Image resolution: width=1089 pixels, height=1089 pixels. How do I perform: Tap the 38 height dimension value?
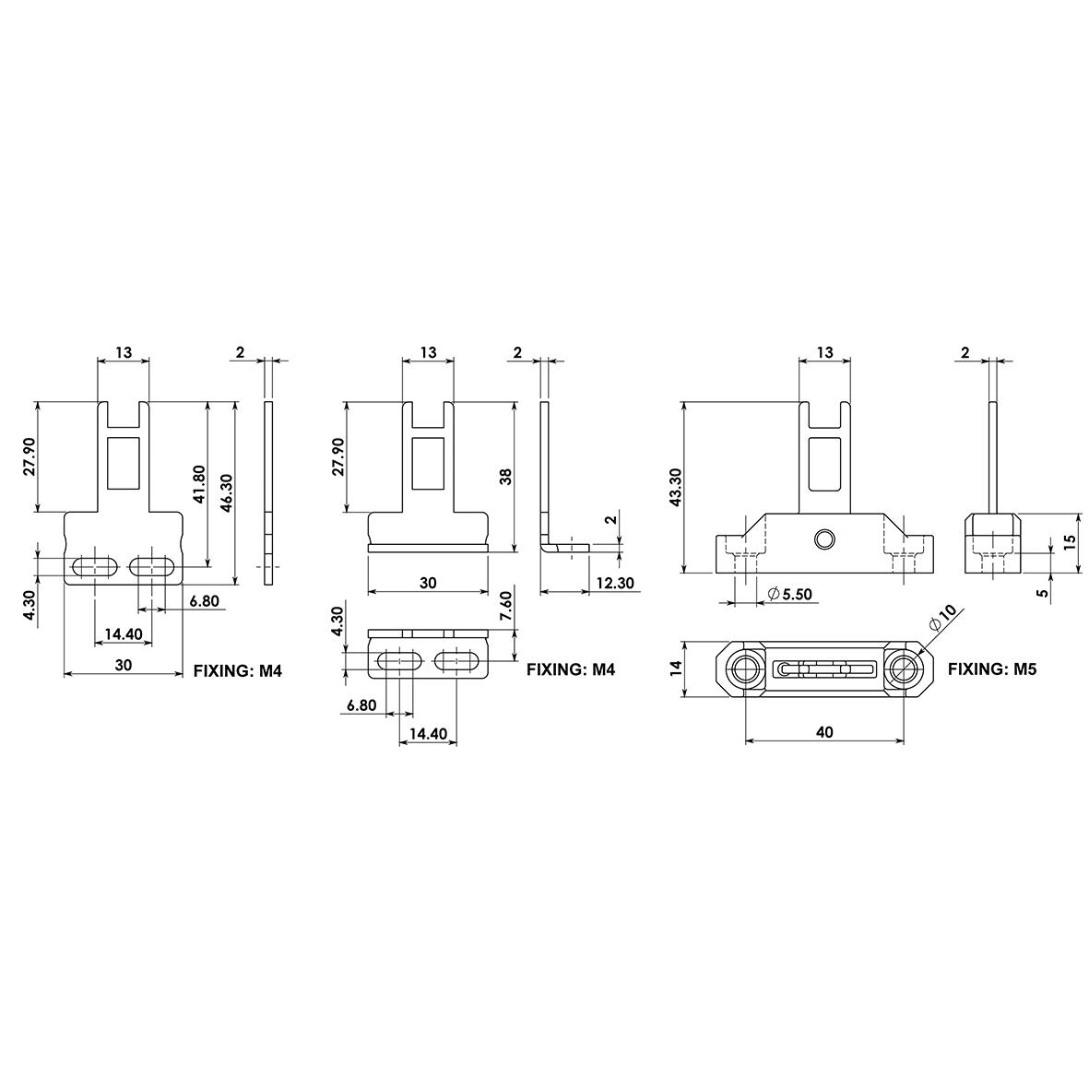point(504,476)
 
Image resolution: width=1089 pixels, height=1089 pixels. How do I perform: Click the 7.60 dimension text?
point(504,608)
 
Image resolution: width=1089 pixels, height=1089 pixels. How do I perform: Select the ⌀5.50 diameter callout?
point(789,595)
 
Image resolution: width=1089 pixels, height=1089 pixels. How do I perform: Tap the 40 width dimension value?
point(824,732)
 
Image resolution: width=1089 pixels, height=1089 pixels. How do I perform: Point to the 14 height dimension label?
point(675,667)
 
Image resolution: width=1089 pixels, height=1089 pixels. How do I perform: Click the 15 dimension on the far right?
point(1070,542)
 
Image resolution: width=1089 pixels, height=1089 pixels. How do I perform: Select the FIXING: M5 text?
point(993,669)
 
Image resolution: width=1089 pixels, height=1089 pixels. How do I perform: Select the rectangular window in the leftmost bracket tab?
point(123,463)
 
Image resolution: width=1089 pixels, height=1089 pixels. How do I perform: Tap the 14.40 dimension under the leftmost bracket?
point(123,634)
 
